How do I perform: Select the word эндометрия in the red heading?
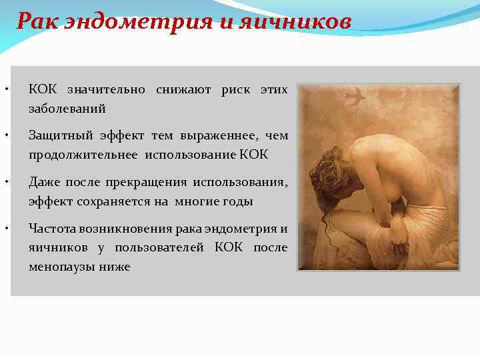[x=138, y=21]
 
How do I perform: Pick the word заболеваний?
[x=67, y=108]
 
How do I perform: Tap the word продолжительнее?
[x=83, y=155]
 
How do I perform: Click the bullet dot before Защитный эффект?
[x=6, y=136]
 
